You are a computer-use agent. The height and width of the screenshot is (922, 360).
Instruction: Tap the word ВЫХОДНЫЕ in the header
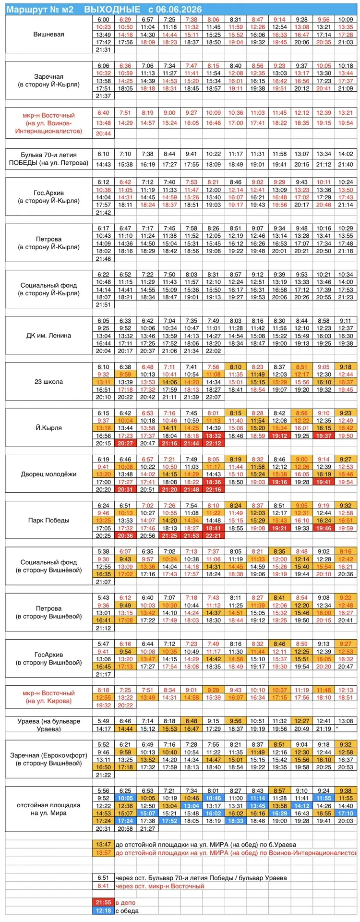click(x=112, y=9)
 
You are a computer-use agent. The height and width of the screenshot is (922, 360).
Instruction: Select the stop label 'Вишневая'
click(x=49, y=35)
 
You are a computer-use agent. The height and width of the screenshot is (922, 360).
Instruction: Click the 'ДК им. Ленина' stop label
click(x=49, y=336)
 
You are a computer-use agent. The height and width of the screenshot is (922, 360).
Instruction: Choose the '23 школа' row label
click(x=49, y=382)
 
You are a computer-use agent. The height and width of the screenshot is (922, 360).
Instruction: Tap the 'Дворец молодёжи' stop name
click(x=49, y=474)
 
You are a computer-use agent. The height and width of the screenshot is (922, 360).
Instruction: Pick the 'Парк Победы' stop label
click(x=49, y=520)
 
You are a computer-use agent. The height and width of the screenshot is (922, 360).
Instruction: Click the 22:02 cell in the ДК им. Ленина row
click(x=213, y=351)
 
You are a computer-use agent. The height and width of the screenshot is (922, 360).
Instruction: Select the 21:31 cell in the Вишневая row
click(x=103, y=49)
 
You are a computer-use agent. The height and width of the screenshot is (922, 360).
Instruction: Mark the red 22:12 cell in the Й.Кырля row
click(x=213, y=443)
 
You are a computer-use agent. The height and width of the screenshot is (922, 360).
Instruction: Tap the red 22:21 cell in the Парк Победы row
click(x=213, y=535)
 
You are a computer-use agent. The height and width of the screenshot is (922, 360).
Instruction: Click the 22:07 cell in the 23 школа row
click(x=213, y=397)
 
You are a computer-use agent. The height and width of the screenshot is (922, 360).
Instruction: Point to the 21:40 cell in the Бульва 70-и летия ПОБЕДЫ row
click(x=346, y=164)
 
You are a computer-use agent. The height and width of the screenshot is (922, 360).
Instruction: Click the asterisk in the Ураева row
click(x=337, y=728)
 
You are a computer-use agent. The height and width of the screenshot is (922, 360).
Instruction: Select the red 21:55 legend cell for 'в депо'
click(x=103, y=902)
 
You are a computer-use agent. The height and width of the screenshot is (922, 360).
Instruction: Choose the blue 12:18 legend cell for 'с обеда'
click(x=103, y=910)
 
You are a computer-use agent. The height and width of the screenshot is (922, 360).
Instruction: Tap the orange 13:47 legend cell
click(x=103, y=844)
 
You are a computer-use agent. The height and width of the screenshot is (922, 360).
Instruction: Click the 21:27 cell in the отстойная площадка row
click(x=147, y=828)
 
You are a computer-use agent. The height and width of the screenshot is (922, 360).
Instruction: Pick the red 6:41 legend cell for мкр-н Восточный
click(x=103, y=886)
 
